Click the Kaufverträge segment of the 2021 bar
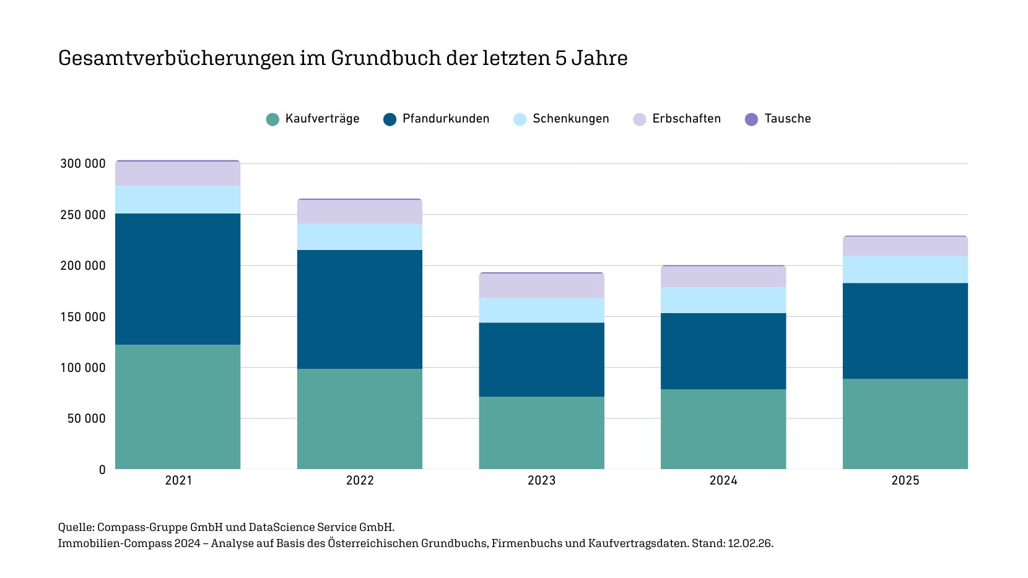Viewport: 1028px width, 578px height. point(178,407)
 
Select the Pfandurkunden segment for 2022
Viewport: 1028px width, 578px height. point(360,309)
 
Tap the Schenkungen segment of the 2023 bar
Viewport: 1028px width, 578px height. point(542,310)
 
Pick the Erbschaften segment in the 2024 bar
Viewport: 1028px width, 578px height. point(723,277)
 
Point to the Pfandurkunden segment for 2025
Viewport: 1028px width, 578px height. point(905,331)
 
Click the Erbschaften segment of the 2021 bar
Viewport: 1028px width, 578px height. point(178,174)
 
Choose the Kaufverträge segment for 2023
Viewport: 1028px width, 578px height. point(542,433)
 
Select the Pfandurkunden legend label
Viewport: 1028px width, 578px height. point(446,119)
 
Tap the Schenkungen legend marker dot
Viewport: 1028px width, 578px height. point(520,119)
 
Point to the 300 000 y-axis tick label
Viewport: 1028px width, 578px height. point(83,164)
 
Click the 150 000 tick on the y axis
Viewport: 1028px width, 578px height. point(83,317)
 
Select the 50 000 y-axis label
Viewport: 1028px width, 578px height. point(87,419)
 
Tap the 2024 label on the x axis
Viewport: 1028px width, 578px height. point(723,481)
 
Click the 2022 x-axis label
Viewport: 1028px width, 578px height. point(360,481)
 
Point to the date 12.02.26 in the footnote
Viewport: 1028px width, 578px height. point(749,543)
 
